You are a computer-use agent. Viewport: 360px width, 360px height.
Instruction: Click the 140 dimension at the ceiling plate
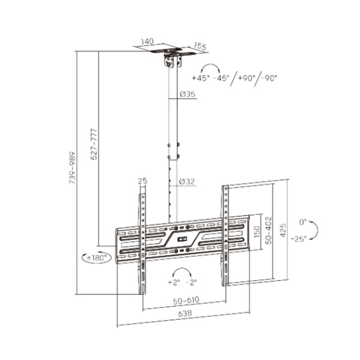coord(147,41)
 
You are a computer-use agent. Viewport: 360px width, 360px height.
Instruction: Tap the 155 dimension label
coord(200,46)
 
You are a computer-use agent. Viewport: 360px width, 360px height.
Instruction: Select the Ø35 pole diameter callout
coord(187,94)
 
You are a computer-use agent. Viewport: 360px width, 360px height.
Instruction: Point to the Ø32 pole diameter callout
coord(187,182)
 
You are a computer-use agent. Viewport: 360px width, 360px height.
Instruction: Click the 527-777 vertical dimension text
coord(94,144)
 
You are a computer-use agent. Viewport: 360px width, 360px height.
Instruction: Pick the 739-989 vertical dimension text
coord(73,167)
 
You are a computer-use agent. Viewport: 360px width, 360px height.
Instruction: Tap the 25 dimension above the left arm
coord(143,181)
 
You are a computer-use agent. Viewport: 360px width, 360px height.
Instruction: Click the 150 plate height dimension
coord(257,232)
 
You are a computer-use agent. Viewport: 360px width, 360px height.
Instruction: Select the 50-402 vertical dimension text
coord(268,230)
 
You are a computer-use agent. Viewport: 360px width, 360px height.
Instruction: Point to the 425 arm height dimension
coord(283,230)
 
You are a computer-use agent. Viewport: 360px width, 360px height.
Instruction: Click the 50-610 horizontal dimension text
coord(186,301)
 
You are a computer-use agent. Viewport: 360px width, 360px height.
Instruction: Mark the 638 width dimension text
coord(185,313)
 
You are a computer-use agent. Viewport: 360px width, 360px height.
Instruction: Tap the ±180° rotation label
coord(97,258)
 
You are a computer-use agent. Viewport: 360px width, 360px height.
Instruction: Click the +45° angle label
coord(201,78)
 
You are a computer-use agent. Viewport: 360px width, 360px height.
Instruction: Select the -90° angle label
coord(268,78)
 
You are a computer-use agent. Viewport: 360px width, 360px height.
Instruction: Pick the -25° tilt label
coord(299,239)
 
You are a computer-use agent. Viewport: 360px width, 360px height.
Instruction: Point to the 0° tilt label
coord(303,222)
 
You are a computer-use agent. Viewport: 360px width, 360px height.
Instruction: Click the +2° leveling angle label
coord(174,282)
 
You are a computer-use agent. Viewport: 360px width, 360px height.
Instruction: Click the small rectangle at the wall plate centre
coord(181,239)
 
